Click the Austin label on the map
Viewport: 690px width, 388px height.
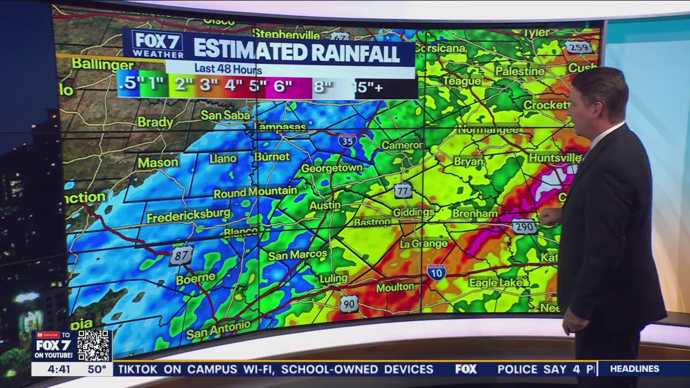pos(325,205)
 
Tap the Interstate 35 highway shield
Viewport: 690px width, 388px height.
pos(348,140)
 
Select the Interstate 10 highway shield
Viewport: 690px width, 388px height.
pos(436,271)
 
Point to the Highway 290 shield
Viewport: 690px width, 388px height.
pos(524,226)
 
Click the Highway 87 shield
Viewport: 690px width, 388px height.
pos(182,255)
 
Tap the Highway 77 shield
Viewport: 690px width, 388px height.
pos(403,190)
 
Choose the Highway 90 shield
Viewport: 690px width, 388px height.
pos(349,304)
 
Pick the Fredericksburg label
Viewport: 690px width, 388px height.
pos(189,214)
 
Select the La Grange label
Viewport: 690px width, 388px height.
pos(424,244)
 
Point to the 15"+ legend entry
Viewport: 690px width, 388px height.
pos(369,87)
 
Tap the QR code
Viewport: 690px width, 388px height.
pos(94,345)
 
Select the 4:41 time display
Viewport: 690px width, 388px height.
pos(59,370)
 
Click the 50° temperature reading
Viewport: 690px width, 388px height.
pos(97,370)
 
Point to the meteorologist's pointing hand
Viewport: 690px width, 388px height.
pos(550,216)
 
